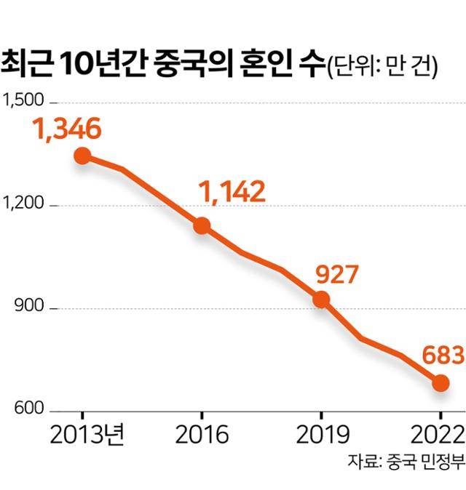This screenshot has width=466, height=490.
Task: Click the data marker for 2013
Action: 82,156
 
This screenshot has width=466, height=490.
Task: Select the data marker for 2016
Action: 201,225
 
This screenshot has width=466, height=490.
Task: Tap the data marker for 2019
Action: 320,300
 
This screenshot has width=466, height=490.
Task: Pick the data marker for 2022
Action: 440,383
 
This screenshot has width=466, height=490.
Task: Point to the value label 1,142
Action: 231,191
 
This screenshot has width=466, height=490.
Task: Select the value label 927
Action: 336,275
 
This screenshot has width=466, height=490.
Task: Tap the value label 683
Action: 441,356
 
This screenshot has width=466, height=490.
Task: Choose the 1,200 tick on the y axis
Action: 24,205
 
